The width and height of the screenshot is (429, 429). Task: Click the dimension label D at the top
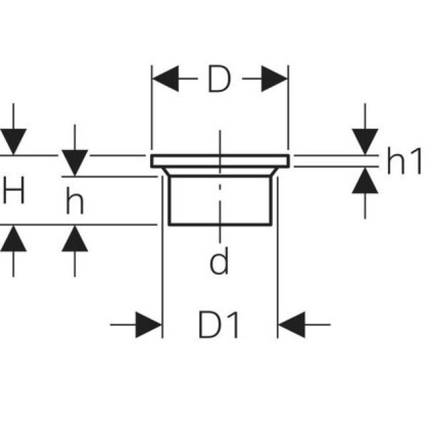(x=219, y=80)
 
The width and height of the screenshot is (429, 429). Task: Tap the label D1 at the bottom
(x=219, y=326)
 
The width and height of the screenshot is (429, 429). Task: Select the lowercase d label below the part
(x=219, y=262)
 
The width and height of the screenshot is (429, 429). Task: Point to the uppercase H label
(x=13, y=193)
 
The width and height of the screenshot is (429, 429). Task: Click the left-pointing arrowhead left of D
(x=166, y=80)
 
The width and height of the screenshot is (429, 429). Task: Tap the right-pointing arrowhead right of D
(x=273, y=80)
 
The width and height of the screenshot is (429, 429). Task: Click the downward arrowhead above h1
(x=365, y=140)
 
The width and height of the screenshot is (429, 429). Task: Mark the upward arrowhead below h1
(x=365, y=181)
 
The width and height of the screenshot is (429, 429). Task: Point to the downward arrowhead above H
(x=13, y=141)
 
